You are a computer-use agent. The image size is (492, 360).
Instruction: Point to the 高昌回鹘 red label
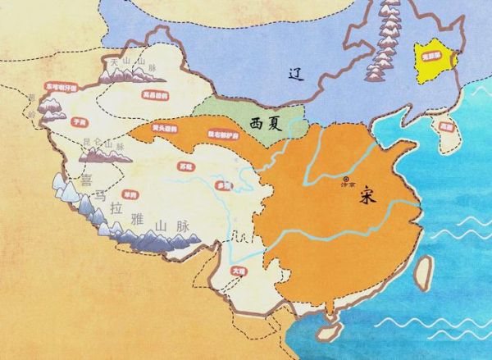click(x=155, y=96)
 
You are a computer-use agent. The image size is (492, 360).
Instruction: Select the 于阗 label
click(x=80, y=121)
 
